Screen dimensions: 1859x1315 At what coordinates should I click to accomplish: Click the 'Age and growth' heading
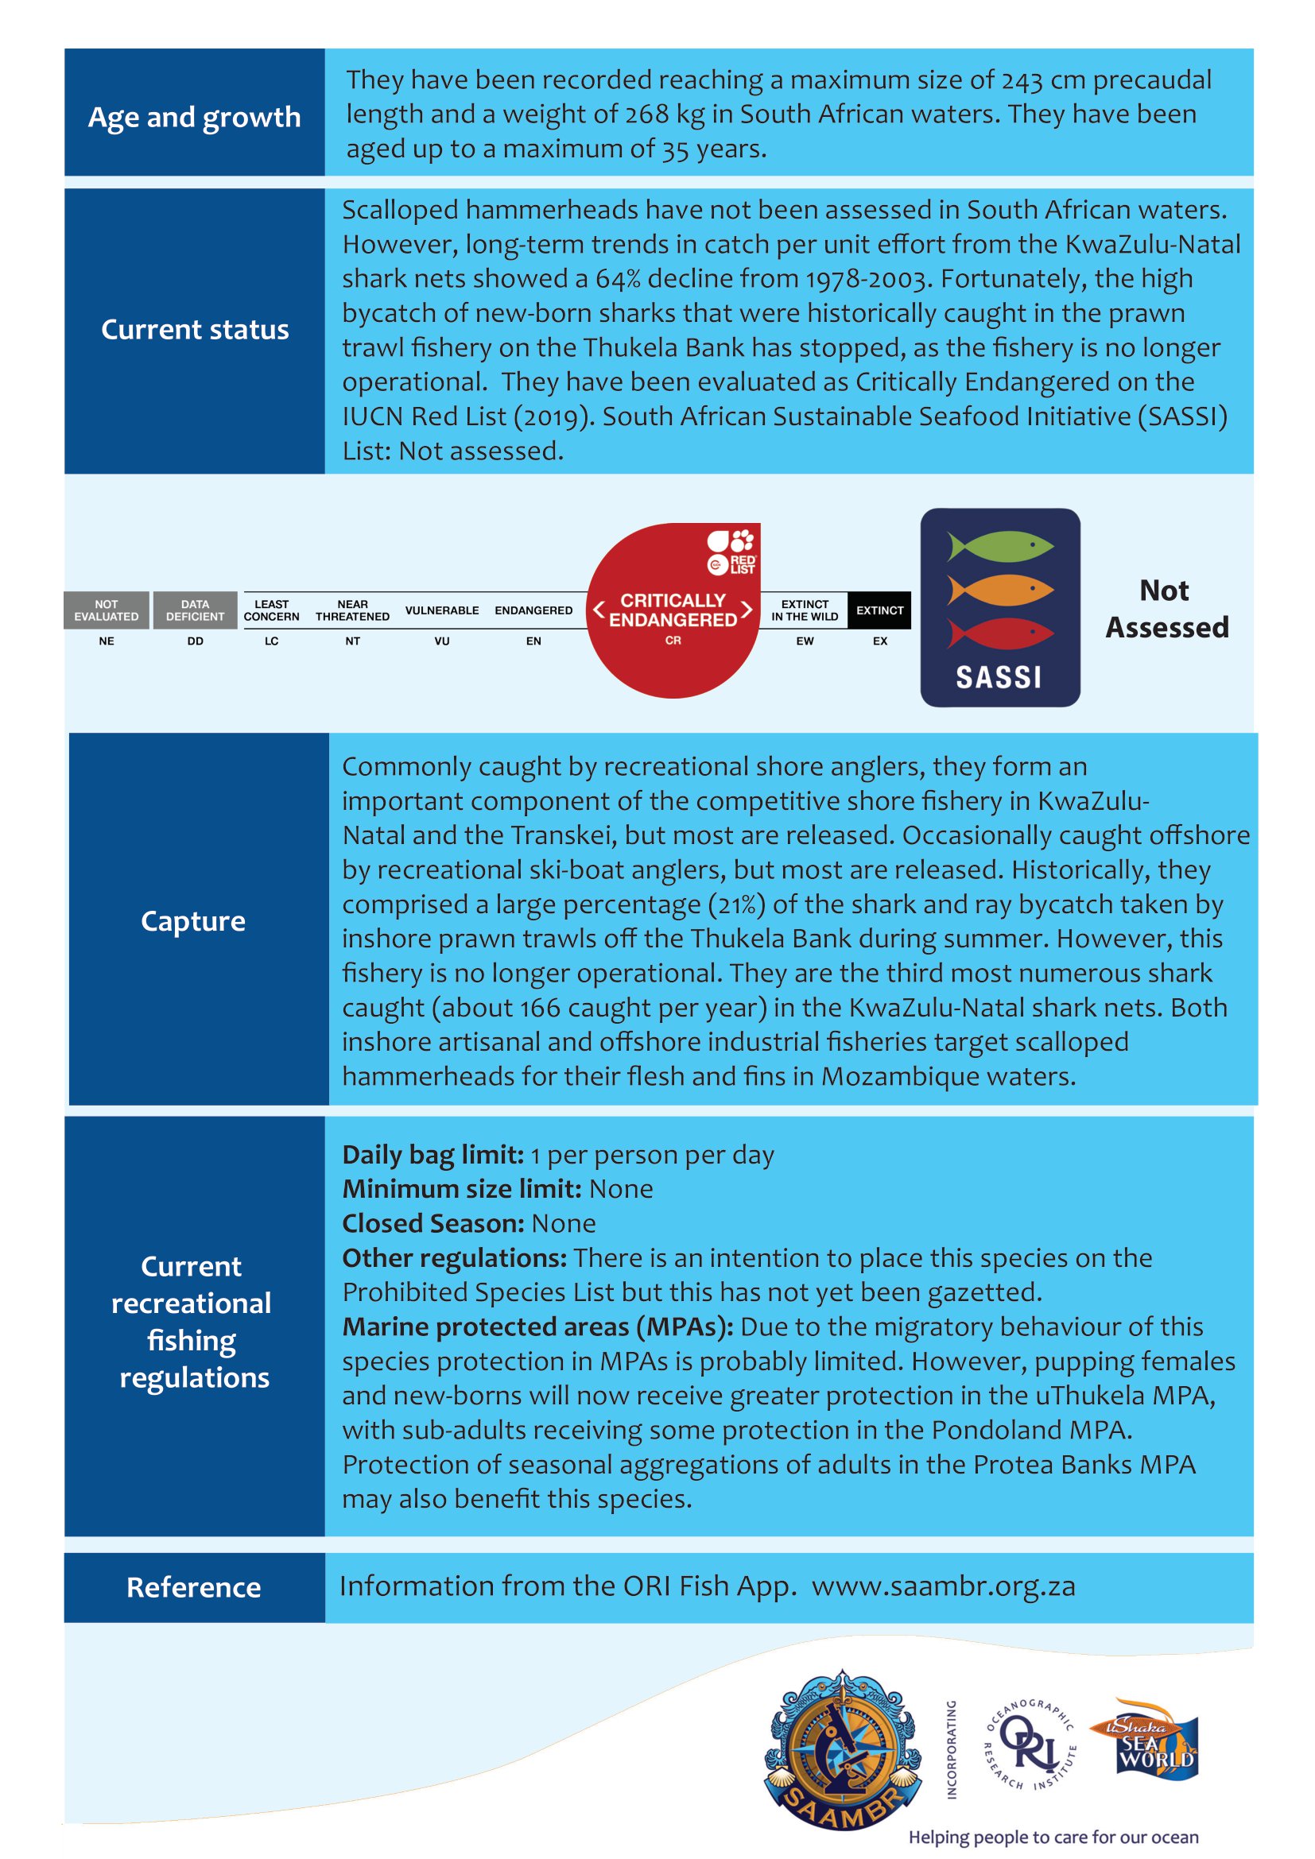[x=194, y=118]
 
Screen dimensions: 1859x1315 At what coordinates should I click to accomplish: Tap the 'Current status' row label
[x=194, y=330]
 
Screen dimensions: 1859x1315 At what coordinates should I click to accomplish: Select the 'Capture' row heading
[x=192, y=920]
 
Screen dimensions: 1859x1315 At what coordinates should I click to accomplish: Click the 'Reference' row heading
[x=193, y=1587]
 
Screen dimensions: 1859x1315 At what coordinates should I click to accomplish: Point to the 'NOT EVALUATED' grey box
[x=106, y=610]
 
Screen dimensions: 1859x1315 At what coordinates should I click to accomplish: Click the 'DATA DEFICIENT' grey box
[x=195, y=610]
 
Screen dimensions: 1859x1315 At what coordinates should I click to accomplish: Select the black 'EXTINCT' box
[x=879, y=610]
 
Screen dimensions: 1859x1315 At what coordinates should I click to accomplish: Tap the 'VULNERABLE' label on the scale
[x=441, y=610]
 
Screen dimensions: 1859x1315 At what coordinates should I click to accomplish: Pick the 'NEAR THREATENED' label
[x=352, y=610]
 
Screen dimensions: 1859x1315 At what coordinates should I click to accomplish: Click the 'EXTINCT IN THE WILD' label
[x=804, y=610]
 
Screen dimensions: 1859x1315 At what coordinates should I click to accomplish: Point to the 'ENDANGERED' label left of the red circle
[x=533, y=610]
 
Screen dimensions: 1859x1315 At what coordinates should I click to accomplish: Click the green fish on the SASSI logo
[x=1001, y=547]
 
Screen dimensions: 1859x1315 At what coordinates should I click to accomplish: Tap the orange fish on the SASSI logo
[x=1001, y=591]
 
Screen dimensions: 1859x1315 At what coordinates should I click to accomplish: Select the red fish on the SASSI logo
[x=1001, y=633]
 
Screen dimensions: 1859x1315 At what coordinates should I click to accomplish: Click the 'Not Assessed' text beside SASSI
[x=1166, y=609]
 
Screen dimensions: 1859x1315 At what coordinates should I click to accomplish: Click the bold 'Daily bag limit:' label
[x=433, y=1155]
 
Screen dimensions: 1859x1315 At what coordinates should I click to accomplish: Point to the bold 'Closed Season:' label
[x=433, y=1223]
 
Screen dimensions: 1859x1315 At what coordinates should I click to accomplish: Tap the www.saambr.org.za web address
[x=944, y=1586]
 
